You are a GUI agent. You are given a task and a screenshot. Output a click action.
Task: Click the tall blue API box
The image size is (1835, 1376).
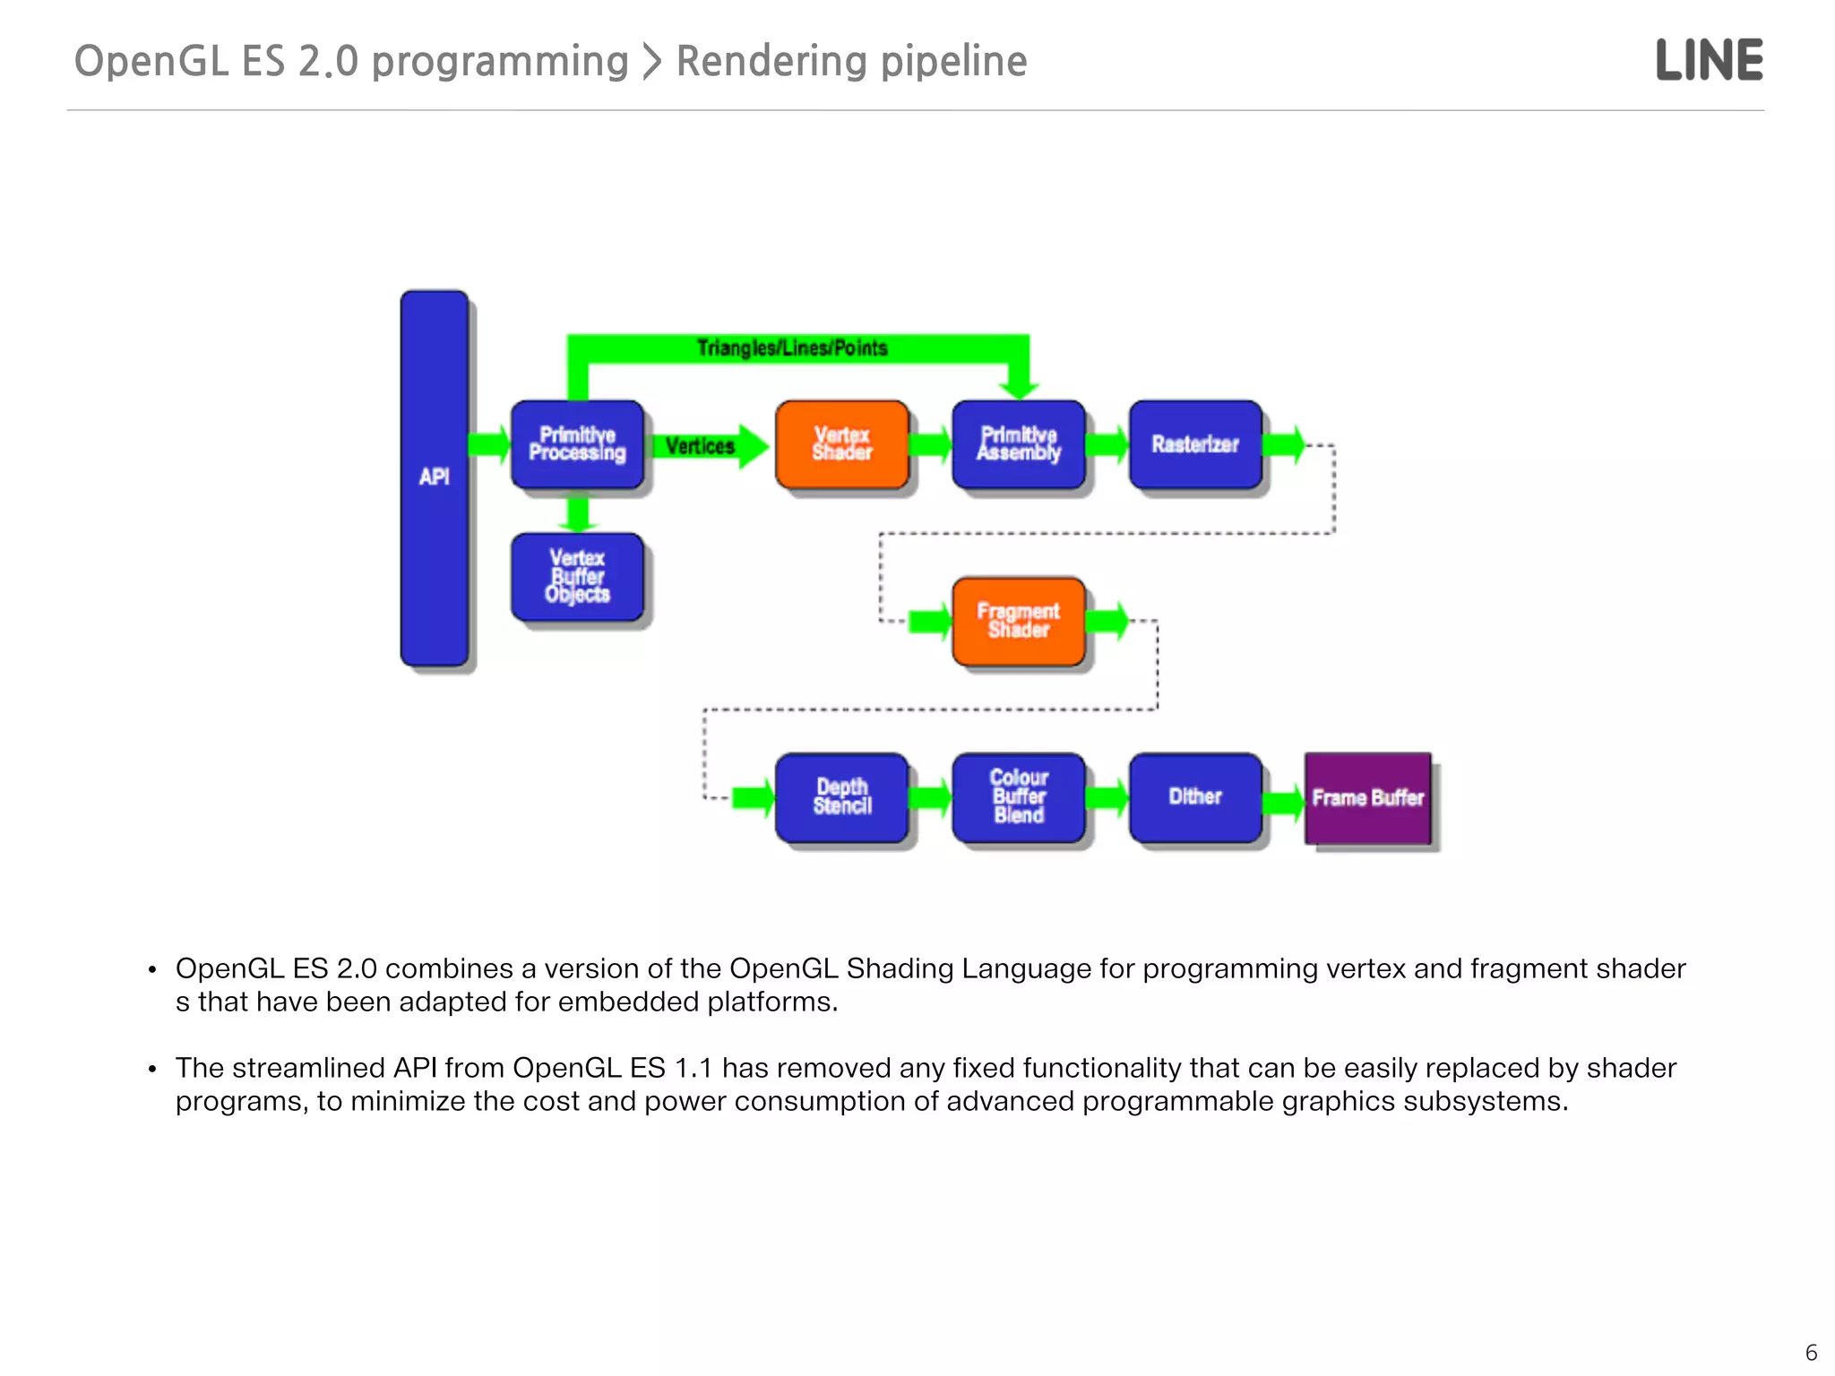(435, 477)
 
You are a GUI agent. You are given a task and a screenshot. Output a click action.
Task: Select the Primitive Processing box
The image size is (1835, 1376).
(577, 444)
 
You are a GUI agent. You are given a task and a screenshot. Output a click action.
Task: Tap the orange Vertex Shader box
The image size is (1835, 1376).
(842, 444)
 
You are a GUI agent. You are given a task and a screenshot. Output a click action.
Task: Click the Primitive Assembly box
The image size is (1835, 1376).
(1019, 444)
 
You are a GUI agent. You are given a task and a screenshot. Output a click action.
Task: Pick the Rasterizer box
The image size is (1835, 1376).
(1195, 444)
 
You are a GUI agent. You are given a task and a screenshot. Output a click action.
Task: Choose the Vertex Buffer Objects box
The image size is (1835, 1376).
(577, 577)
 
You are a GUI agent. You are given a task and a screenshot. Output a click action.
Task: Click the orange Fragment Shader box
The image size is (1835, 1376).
(1019, 621)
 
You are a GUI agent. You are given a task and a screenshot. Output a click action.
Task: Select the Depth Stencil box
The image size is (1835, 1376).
(842, 797)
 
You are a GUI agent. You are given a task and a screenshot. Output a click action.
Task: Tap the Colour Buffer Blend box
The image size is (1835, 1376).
(1019, 797)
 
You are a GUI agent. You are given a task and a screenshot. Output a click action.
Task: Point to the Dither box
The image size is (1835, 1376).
(1195, 797)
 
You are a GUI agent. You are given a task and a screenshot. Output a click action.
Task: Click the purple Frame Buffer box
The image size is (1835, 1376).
(1367, 798)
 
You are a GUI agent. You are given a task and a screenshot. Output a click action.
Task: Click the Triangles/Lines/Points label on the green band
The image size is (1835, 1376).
(792, 348)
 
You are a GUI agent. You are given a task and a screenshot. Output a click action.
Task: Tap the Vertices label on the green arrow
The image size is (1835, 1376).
(700, 446)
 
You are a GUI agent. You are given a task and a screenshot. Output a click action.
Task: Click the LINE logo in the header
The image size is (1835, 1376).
(1710, 60)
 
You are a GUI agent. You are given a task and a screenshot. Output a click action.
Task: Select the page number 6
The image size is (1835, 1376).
(1811, 1353)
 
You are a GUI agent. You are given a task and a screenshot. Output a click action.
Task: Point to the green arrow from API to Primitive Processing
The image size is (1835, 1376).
(488, 443)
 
